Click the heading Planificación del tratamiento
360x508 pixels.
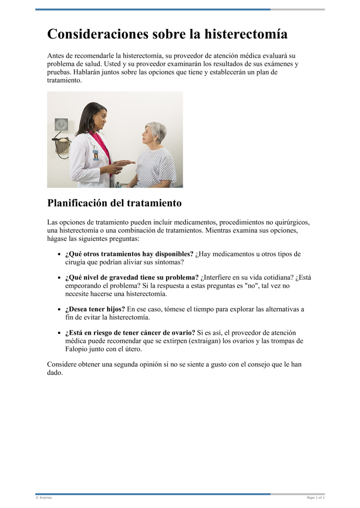[114, 203]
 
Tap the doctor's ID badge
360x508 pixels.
[96, 155]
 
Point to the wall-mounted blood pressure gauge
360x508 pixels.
[61, 125]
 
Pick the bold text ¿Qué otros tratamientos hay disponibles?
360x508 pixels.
[129, 254]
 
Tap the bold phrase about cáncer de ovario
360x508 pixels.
[130, 333]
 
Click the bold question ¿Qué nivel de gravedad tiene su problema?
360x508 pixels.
[132, 277]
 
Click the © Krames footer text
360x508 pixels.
[44, 498]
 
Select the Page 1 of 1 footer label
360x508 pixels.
[315, 498]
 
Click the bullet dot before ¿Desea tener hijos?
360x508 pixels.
[59, 310]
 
